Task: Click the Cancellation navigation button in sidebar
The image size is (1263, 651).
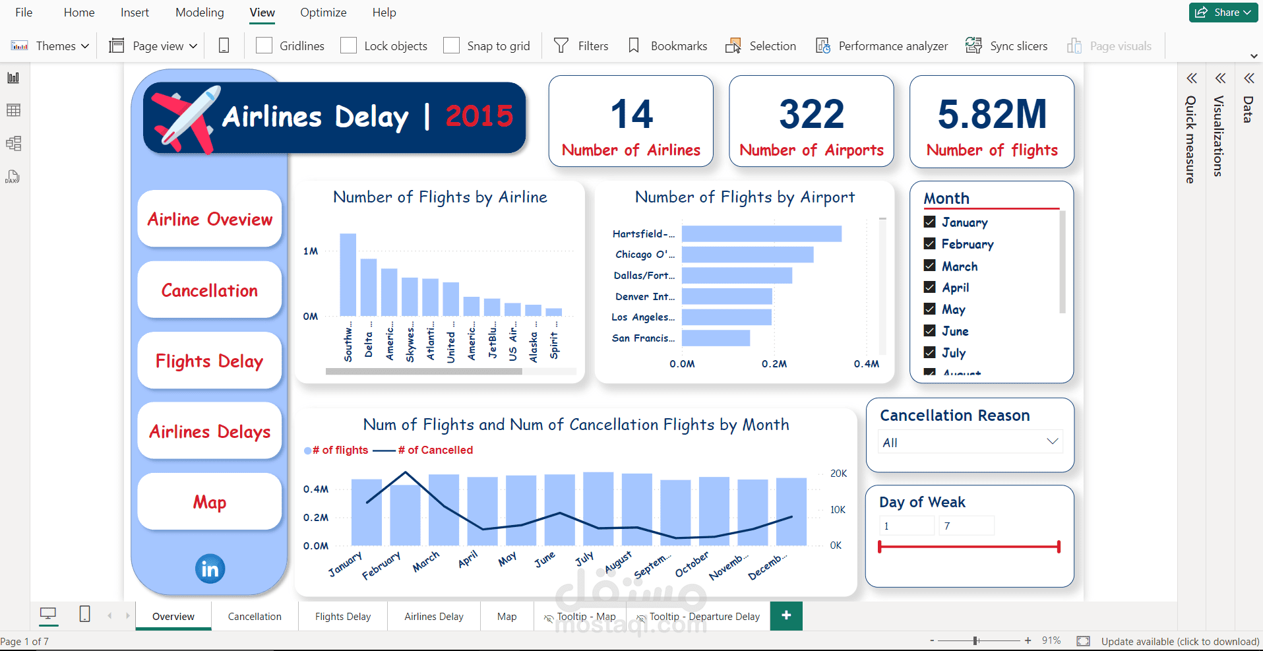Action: click(209, 290)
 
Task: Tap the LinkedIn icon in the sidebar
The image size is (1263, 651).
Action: click(210, 569)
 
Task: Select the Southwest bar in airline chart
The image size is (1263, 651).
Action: click(348, 274)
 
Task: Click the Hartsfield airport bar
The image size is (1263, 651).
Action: click(761, 233)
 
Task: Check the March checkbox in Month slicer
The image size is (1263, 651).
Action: click(930, 266)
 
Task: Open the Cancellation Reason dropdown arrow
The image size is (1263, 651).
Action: click(1052, 441)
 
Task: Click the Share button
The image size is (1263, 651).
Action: click(1223, 12)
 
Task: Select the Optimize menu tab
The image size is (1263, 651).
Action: click(323, 13)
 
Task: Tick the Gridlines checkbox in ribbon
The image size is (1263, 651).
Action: click(264, 46)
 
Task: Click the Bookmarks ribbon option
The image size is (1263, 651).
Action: click(667, 46)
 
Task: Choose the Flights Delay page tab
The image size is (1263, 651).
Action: click(342, 616)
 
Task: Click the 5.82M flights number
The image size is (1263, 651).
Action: click(991, 114)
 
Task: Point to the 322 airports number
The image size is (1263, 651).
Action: click(811, 114)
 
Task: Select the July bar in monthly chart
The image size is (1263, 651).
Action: click(598, 509)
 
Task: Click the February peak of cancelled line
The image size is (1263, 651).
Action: click(405, 472)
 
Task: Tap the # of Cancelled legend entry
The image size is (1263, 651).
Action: click(435, 450)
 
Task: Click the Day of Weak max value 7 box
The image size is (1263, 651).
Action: click(966, 526)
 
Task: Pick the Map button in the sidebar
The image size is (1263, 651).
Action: click(209, 502)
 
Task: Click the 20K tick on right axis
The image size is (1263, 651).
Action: click(838, 474)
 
